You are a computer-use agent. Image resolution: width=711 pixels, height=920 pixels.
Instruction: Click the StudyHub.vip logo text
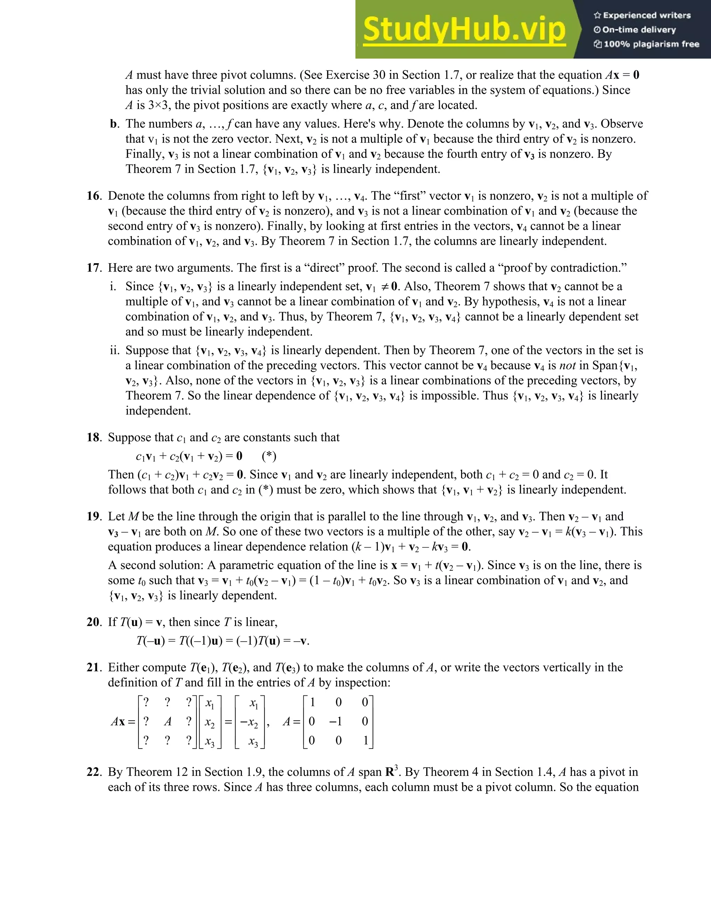pos(464,30)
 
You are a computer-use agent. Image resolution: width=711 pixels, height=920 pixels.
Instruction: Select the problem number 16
pos(93,196)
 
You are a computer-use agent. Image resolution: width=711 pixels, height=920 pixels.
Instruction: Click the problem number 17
pos(93,268)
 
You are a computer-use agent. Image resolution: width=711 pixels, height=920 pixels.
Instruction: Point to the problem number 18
pos(93,438)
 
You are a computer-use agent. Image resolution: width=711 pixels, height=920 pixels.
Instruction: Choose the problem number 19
pos(93,517)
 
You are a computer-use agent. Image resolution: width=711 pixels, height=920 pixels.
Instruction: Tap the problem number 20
pos(93,622)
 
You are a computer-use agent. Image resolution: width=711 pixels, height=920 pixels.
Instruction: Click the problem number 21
pos(93,668)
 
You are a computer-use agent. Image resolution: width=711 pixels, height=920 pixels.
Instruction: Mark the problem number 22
pos(93,772)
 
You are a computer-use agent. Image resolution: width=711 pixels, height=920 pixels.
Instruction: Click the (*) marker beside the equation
pos(269,456)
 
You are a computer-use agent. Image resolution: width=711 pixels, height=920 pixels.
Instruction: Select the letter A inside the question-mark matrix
pos(168,722)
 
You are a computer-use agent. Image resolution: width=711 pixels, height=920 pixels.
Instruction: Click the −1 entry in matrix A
pos(335,722)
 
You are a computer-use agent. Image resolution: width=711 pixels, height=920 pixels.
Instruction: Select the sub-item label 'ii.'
pos(115,351)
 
